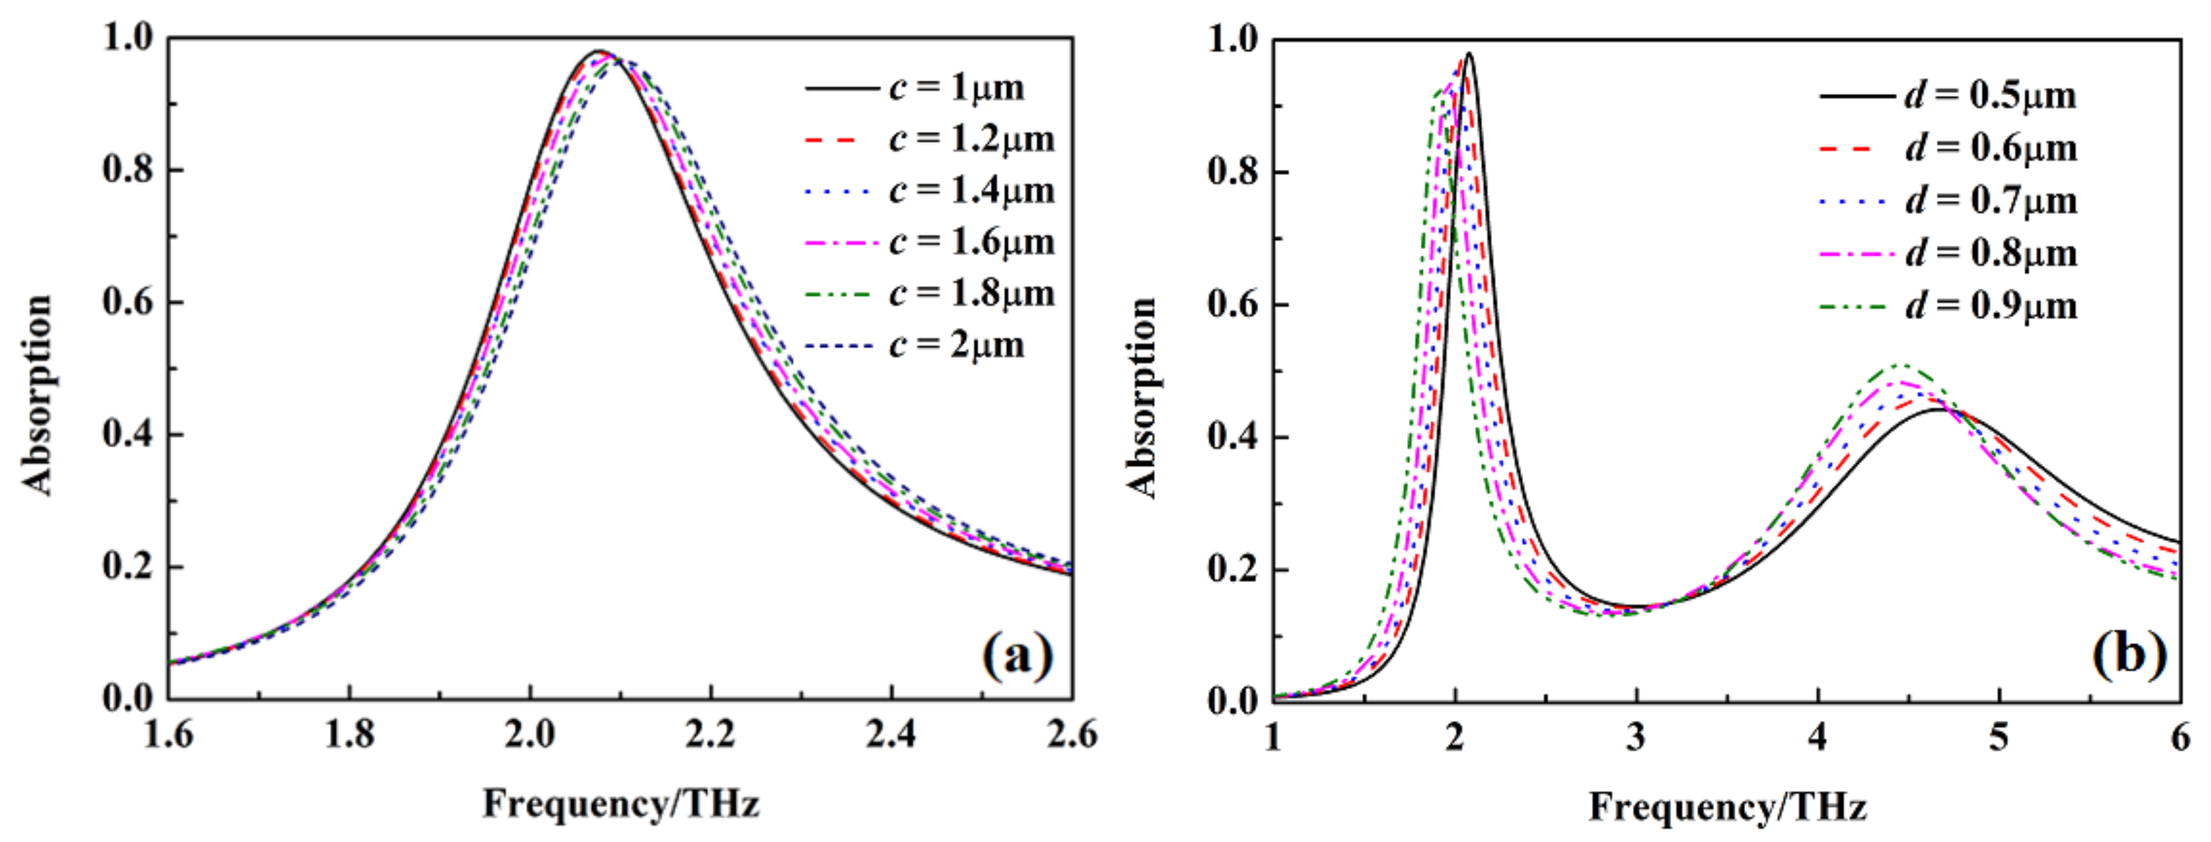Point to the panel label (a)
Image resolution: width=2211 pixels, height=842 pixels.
1017,656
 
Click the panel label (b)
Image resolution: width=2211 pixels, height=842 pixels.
2129,656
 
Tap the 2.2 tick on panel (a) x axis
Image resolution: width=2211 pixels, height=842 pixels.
711,735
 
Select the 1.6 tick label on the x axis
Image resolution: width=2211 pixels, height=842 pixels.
168,735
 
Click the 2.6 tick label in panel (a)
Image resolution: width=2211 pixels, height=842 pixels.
1071,735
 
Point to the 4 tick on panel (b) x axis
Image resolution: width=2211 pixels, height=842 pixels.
1817,737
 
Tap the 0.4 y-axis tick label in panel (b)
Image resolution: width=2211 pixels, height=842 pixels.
1232,437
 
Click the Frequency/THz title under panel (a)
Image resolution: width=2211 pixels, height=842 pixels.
621,804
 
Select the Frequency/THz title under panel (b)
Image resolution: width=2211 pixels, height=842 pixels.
1727,807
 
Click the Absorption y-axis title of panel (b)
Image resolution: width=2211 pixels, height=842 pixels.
1142,397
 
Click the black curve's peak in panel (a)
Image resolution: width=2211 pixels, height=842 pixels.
599,51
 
